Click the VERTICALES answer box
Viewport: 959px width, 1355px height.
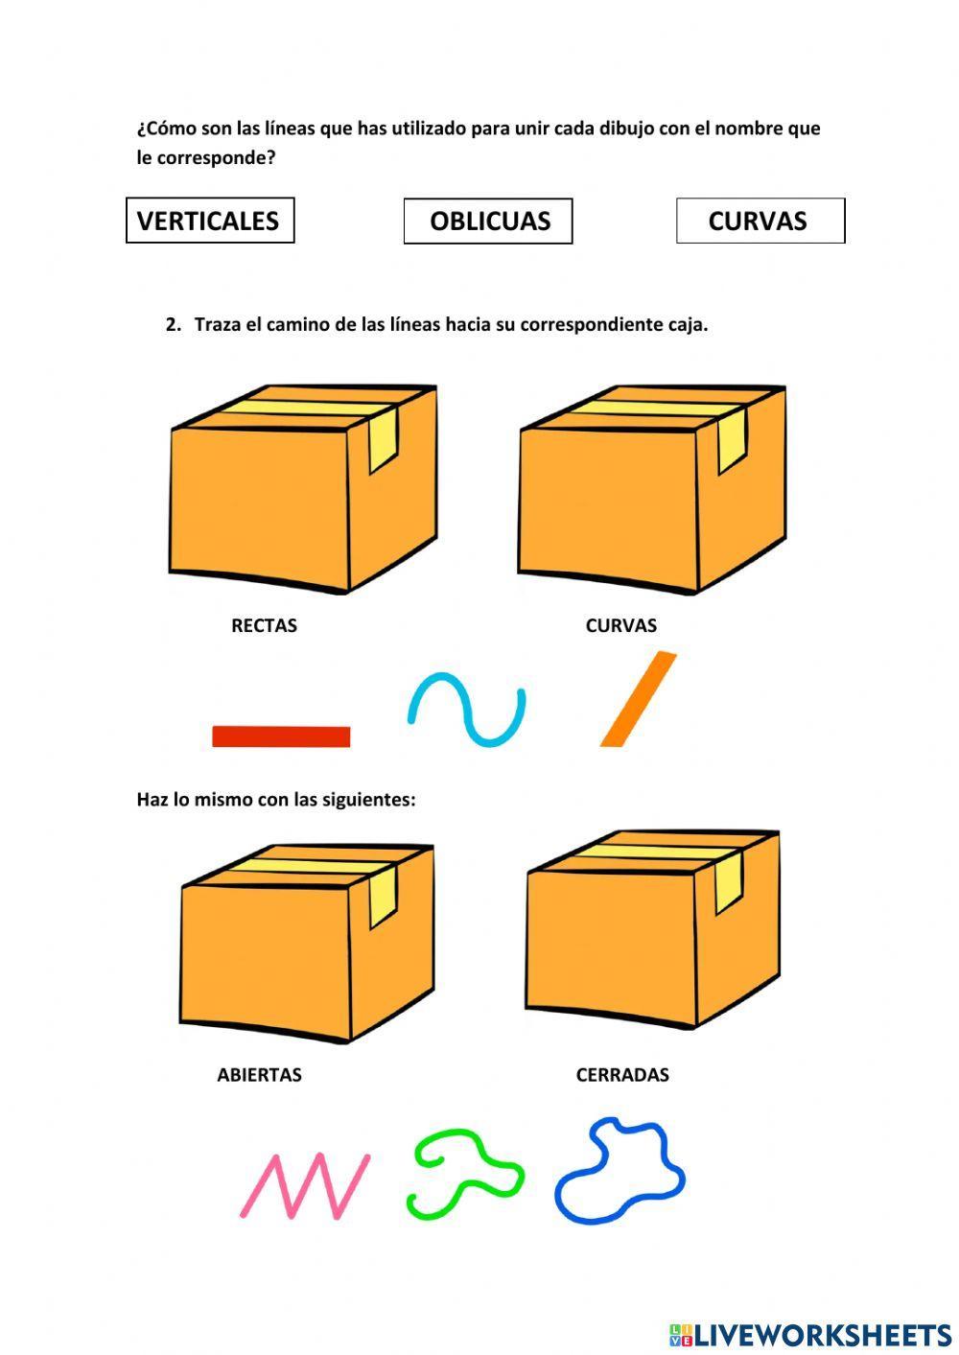209,221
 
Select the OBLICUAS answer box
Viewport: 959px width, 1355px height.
488,222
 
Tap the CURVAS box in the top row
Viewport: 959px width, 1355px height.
760,221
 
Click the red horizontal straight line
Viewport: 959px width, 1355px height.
281,736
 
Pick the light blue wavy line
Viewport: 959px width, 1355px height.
467,711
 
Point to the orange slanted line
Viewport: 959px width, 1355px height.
639,699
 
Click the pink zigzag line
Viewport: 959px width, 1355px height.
305,1186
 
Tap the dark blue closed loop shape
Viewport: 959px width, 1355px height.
620,1172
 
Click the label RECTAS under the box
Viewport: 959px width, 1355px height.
264,626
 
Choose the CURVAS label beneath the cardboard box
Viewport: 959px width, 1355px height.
620,626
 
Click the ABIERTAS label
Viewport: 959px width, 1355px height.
259,1075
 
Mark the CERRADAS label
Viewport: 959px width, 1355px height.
622,1075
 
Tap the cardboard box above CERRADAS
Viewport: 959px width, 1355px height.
652,935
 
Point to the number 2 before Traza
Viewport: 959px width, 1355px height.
172,324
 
